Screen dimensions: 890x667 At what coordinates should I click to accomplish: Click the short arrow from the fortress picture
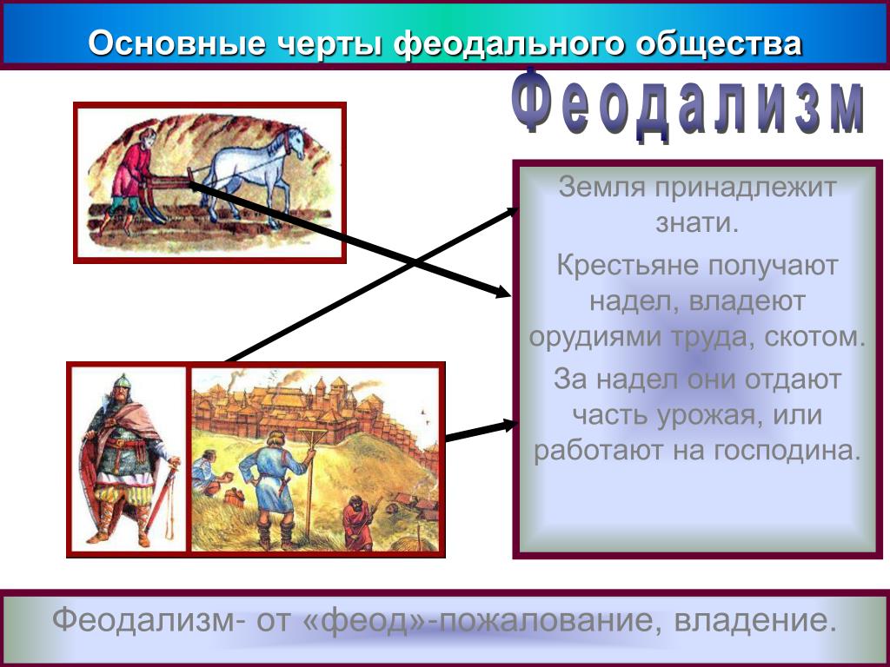pyautogui.click(x=482, y=430)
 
